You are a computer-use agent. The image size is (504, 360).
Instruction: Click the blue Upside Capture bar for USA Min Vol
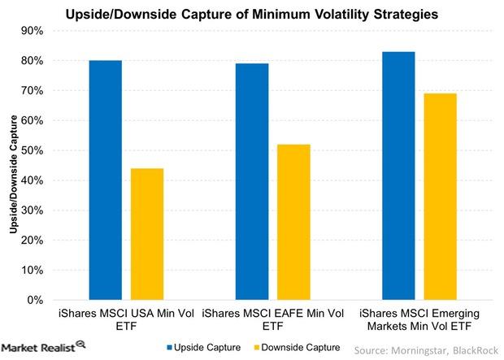click(106, 180)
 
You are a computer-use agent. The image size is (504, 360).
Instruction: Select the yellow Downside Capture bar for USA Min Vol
click(147, 234)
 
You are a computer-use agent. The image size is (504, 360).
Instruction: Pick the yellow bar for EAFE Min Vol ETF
click(293, 222)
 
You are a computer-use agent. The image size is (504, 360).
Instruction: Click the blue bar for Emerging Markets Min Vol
click(398, 176)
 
